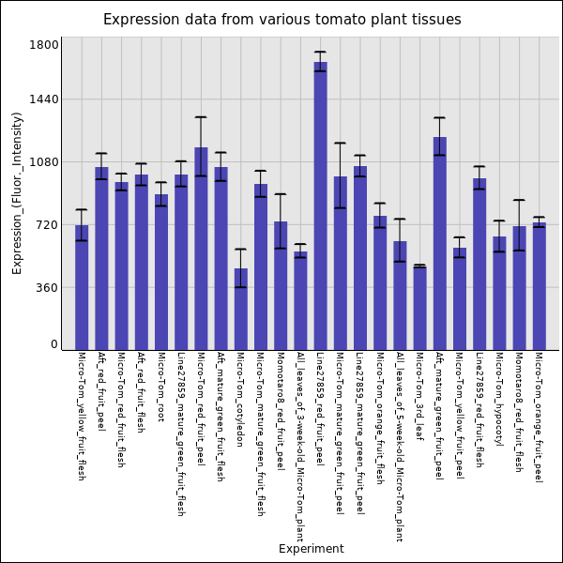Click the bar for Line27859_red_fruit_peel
(x=320, y=206)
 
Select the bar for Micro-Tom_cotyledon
(x=241, y=310)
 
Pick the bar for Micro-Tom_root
(x=161, y=272)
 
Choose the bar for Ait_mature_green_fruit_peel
(x=439, y=244)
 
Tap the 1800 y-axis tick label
(x=45, y=45)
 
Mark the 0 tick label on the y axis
(x=54, y=344)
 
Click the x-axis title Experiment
(x=311, y=549)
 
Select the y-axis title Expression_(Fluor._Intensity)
(x=17, y=192)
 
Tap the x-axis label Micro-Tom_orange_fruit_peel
(x=539, y=418)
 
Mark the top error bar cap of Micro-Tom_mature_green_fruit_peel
(x=340, y=144)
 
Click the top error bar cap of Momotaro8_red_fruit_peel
(x=281, y=194)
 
